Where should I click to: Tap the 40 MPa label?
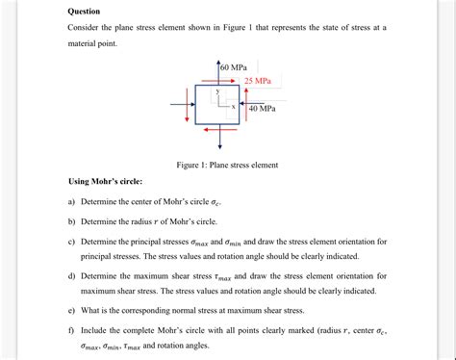click(x=262, y=109)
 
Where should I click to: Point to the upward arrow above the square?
click(x=218, y=70)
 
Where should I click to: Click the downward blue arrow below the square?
click(x=218, y=138)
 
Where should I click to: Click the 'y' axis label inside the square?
click(x=216, y=90)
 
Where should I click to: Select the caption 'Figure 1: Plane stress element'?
click(x=227, y=165)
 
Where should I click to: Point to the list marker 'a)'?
click(x=71, y=202)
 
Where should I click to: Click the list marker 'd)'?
click(x=71, y=275)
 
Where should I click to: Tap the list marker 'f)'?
click(x=71, y=330)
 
